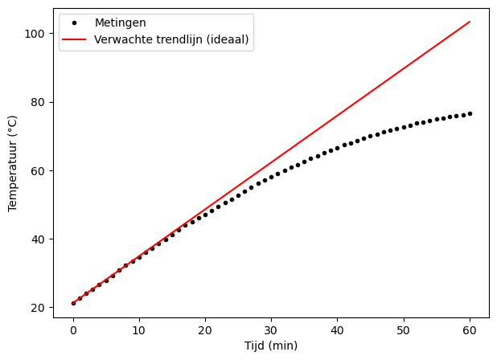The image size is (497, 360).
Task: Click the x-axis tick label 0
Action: (73, 329)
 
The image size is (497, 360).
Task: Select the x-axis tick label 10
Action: (139, 329)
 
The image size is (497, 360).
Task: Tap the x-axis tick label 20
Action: (205, 329)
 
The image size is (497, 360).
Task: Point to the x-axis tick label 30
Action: (271, 329)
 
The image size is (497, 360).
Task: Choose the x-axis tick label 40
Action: (337, 329)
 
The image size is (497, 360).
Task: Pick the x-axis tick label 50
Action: (404, 329)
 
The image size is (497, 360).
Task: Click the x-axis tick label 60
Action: (470, 329)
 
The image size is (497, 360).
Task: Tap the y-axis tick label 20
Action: (39, 308)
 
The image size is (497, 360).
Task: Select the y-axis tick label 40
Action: (39, 239)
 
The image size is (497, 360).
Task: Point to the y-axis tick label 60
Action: (39, 171)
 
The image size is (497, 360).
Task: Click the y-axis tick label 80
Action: (39, 103)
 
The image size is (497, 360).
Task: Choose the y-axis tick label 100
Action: (35, 34)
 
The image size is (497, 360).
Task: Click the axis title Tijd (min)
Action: (271, 346)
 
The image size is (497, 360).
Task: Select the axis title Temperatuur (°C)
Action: (12, 163)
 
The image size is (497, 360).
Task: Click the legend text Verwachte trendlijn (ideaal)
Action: (171, 39)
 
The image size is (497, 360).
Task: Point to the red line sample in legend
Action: (76, 39)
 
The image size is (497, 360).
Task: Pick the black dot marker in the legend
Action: (76, 23)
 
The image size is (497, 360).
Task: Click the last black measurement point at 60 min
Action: (470, 113)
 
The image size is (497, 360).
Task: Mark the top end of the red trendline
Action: (470, 22)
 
